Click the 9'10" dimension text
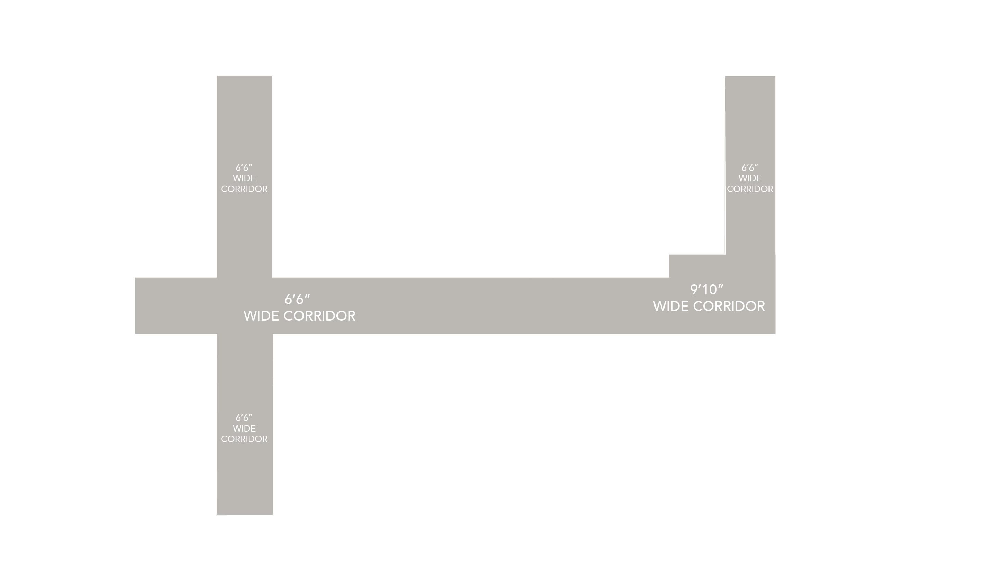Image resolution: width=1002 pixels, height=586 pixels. point(706,289)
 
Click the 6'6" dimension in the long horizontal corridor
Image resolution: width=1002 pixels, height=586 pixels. point(297,299)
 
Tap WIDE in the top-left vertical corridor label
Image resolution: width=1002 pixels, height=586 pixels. point(244,178)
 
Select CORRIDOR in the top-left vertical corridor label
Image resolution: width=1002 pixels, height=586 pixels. point(244,189)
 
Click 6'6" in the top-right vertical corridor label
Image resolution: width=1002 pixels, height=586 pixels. point(749,167)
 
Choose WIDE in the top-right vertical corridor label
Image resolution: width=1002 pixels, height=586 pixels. point(750,178)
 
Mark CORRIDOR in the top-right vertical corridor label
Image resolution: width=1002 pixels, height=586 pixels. point(750,189)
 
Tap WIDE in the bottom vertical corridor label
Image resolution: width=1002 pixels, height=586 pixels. point(244,429)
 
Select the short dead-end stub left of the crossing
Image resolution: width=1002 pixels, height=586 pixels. point(176,305)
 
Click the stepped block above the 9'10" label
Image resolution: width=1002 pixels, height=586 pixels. point(697,266)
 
